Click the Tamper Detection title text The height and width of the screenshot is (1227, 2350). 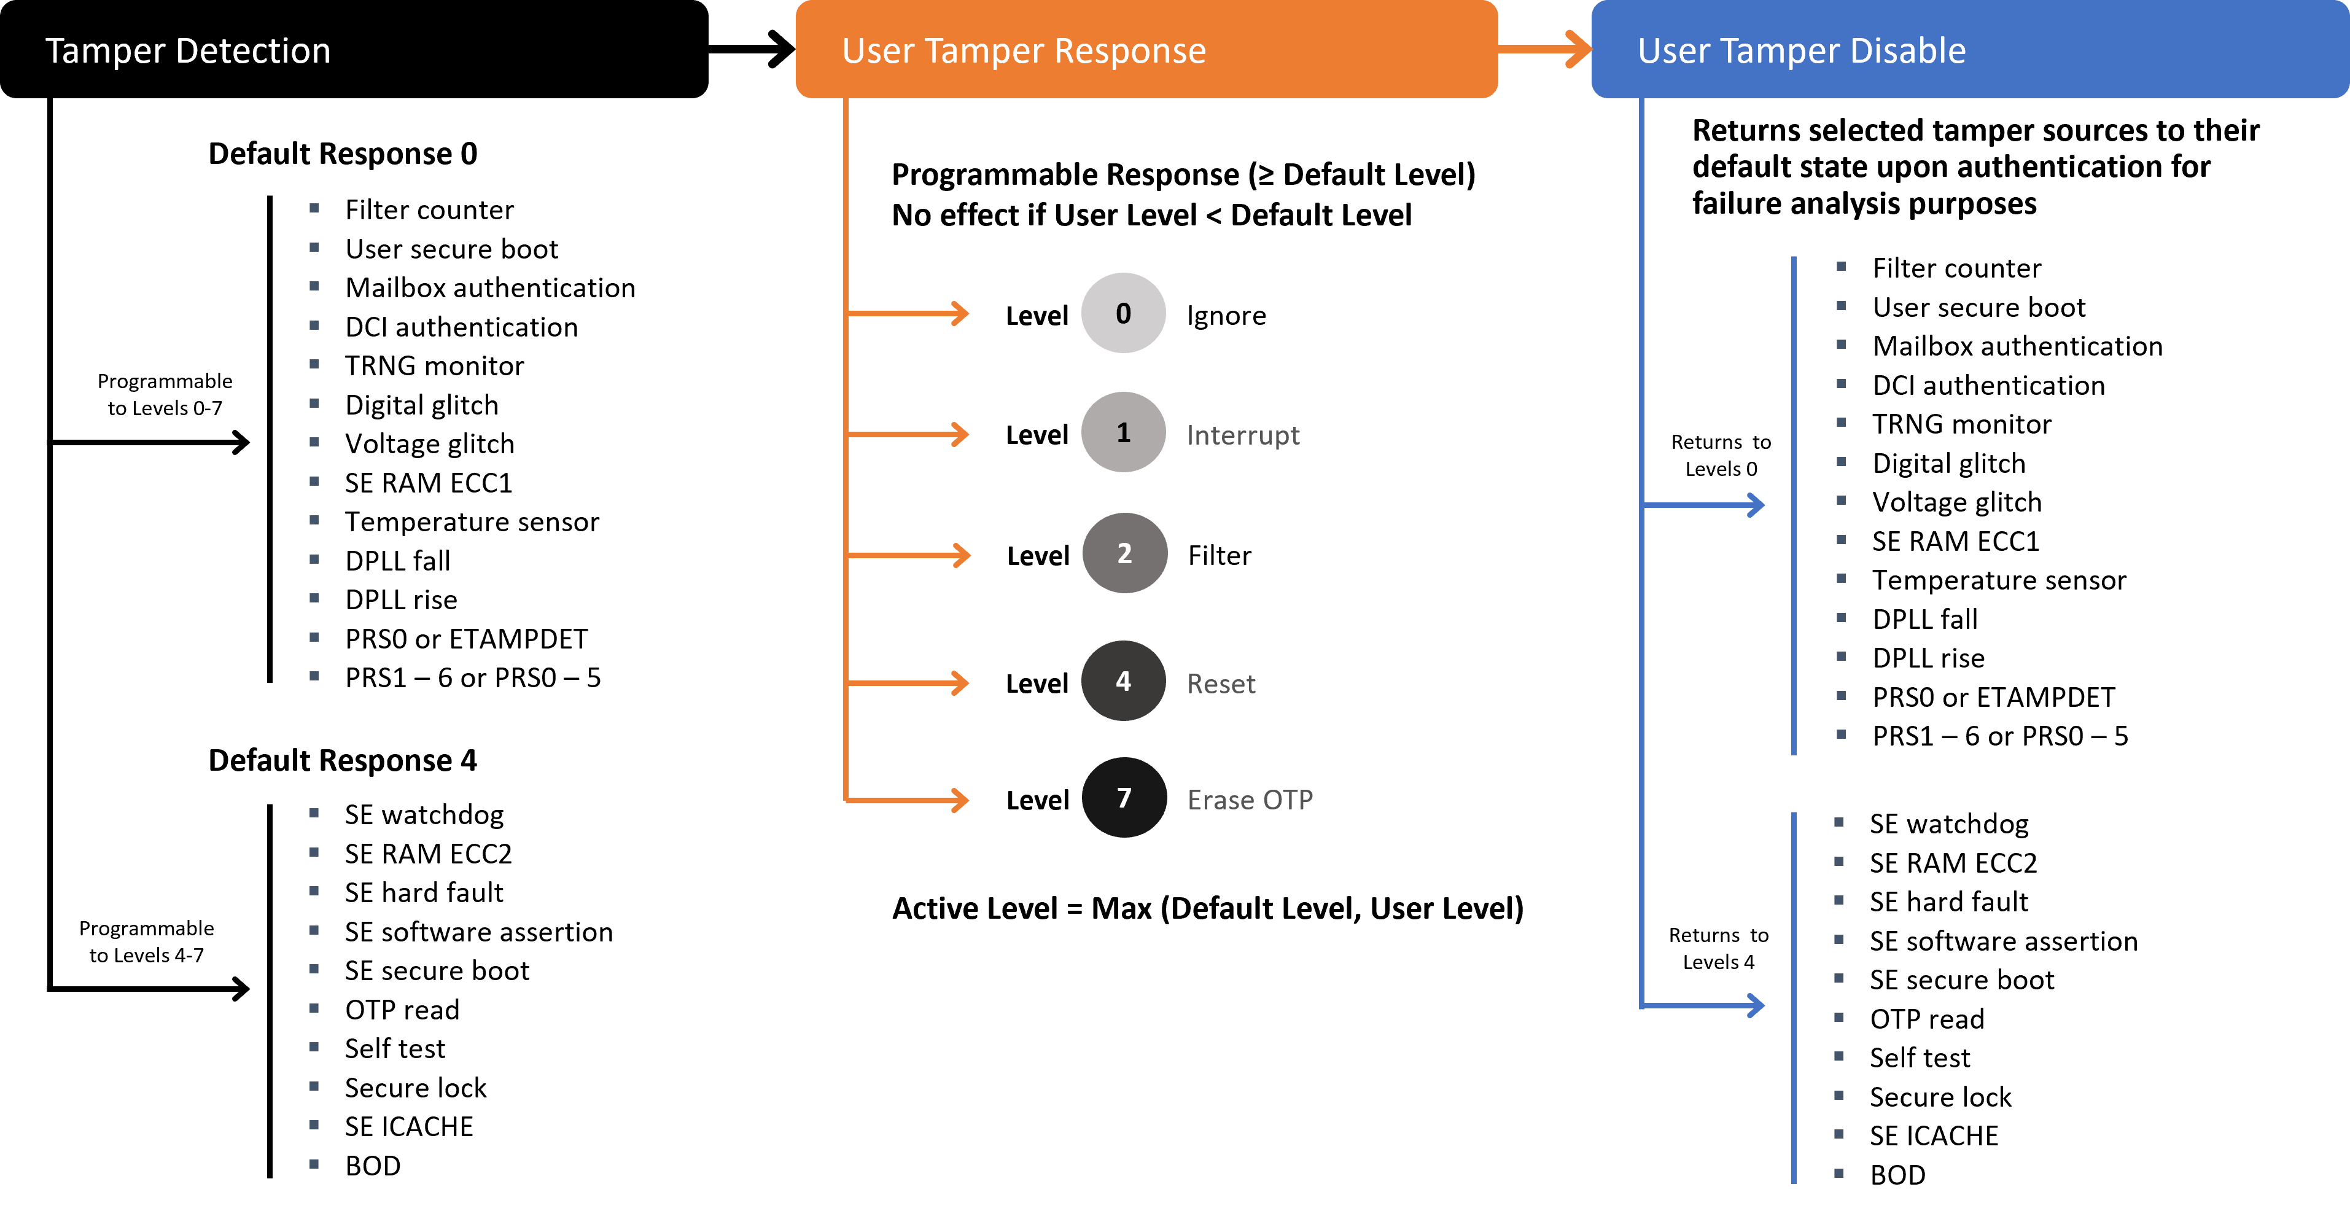tap(188, 51)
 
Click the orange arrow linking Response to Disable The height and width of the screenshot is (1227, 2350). tap(1546, 49)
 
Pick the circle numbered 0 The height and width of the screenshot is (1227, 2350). tap(1123, 313)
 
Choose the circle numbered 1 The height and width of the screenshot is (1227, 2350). tap(1123, 432)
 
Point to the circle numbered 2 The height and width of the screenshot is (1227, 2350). tap(1124, 553)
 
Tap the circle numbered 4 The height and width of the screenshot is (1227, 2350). tap(1123, 680)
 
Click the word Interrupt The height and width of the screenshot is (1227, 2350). tap(1242, 435)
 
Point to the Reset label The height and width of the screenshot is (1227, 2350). tap(1221, 684)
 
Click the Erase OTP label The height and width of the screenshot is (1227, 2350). tap(1250, 800)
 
